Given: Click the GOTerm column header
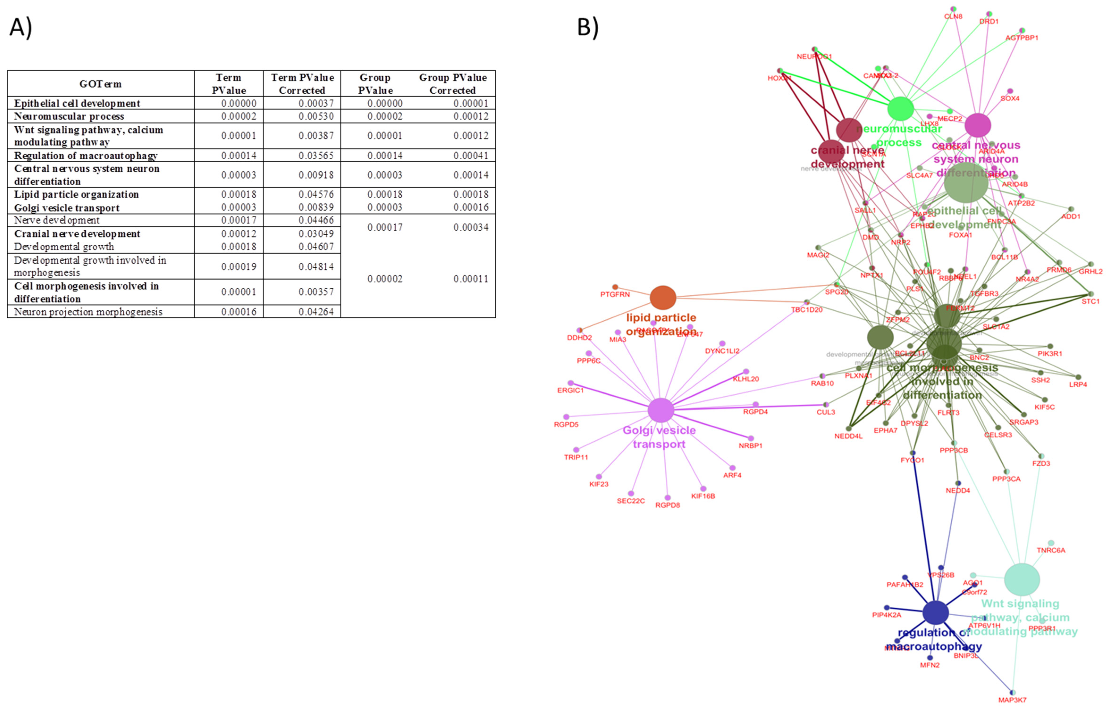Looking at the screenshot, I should pos(100,84).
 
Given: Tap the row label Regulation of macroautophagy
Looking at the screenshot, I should pos(86,156).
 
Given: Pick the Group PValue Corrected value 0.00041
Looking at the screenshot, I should pos(471,156).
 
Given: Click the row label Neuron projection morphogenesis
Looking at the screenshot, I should pos(88,312).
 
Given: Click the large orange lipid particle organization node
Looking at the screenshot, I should pos(663,298).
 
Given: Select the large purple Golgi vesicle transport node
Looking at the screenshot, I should pos(661,410).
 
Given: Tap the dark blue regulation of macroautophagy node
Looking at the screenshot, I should pos(936,613).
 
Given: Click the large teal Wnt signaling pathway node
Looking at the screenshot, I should pos(1022,579).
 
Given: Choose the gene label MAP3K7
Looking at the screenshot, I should pos(1013,700).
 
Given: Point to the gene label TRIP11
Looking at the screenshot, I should pos(576,457).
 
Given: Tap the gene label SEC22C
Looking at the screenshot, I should pos(631,501).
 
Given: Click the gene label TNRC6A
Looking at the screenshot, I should pos(1051,551).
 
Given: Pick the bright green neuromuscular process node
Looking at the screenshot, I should pos(900,109).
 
